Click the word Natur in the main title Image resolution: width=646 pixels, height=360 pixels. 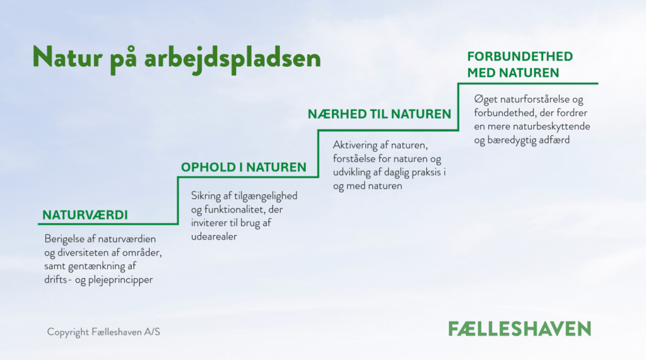click(67, 57)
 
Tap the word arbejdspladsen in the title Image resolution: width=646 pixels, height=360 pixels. click(232, 59)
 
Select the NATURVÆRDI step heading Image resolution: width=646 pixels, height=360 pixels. click(85, 215)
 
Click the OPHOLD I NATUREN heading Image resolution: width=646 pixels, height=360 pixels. click(244, 167)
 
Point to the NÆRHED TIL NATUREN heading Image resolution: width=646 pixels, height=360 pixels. click(379, 114)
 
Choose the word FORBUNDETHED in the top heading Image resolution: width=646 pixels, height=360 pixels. click(520, 57)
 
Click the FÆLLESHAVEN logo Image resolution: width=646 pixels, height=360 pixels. click(520, 328)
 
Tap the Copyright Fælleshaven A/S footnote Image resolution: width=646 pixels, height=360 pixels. click(103, 332)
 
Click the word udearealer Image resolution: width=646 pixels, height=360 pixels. click(214, 236)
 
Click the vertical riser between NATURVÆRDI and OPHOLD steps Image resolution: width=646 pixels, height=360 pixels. click(178, 200)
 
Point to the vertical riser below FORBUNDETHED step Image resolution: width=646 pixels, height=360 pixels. click(458, 107)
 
